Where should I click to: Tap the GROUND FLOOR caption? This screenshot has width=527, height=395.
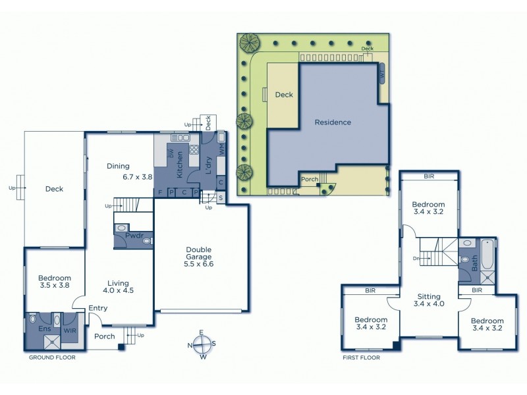tap(52, 357)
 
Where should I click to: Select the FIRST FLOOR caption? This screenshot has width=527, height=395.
tap(361, 357)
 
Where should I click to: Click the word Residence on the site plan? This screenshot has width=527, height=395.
tap(333, 122)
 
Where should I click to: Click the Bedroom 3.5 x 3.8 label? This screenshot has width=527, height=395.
tap(54, 282)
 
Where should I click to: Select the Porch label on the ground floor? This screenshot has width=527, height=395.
tap(105, 336)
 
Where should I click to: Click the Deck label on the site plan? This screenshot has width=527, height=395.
tap(284, 95)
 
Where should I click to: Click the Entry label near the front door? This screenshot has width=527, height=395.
tap(97, 308)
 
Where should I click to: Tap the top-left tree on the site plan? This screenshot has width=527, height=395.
tap(250, 43)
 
